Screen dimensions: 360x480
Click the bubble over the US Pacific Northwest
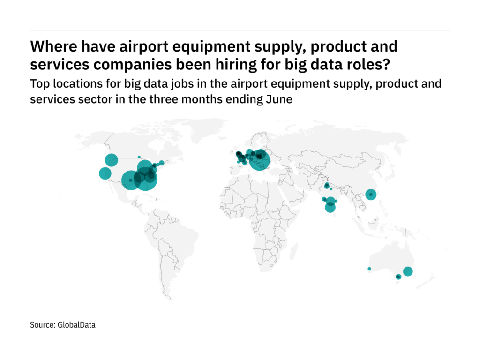pos(111,160)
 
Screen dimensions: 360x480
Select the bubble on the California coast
pos(105,173)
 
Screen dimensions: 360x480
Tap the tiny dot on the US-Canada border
pos(139,157)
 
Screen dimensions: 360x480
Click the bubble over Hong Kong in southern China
pos(371,195)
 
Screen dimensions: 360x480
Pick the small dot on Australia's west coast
pos(369,269)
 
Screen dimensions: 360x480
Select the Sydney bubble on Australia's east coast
pos(408,271)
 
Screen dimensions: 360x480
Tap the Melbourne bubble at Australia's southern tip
pos(398,277)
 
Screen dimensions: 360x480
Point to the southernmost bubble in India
pos(330,208)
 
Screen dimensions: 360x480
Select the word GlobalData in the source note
pos(76,324)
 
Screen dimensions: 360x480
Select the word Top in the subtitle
pos(38,84)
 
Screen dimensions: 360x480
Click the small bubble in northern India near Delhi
pos(327,186)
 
